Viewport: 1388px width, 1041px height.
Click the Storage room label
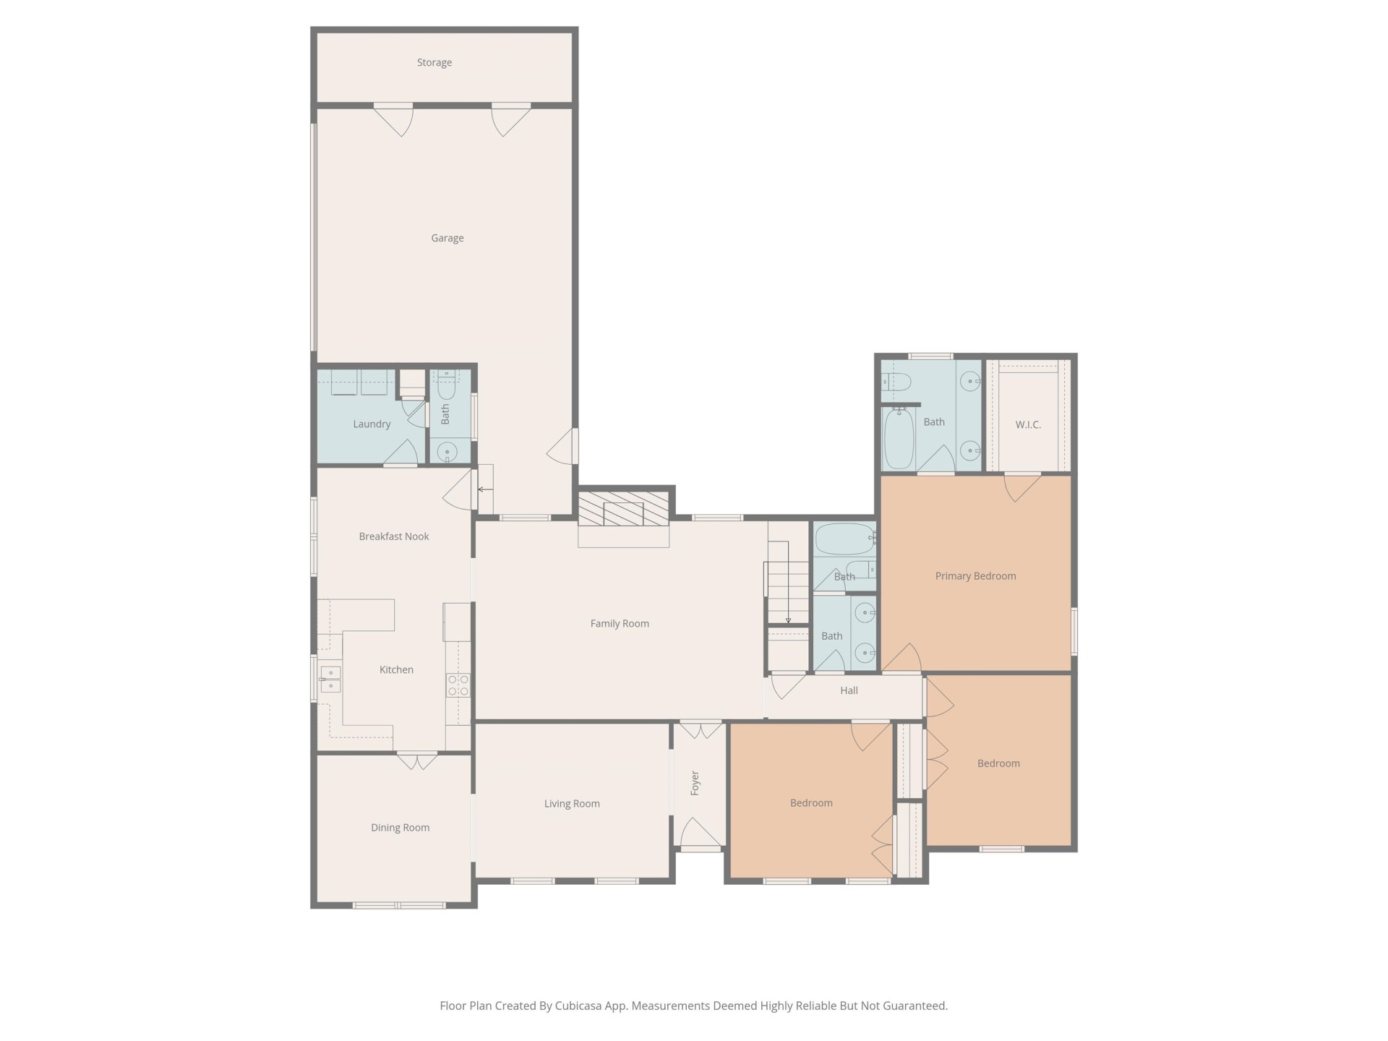(x=434, y=63)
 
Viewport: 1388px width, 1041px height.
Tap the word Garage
(x=447, y=239)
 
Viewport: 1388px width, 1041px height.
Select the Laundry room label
(x=372, y=424)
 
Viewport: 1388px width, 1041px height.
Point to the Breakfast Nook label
(x=394, y=536)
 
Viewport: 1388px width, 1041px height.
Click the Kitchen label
(x=397, y=670)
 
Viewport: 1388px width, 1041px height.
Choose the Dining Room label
(x=400, y=828)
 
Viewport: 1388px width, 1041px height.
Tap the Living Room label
(x=572, y=804)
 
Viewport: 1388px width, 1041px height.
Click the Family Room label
(x=620, y=624)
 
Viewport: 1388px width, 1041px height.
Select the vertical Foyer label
(x=695, y=783)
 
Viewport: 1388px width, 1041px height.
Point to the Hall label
(x=849, y=691)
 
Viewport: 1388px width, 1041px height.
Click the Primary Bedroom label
(x=976, y=576)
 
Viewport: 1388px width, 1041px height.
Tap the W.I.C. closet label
(x=1029, y=425)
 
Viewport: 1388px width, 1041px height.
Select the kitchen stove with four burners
(x=458, y=685)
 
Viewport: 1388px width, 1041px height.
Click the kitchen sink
(x=330, y=680)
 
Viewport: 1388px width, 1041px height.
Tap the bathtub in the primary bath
(x=899, y=439)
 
